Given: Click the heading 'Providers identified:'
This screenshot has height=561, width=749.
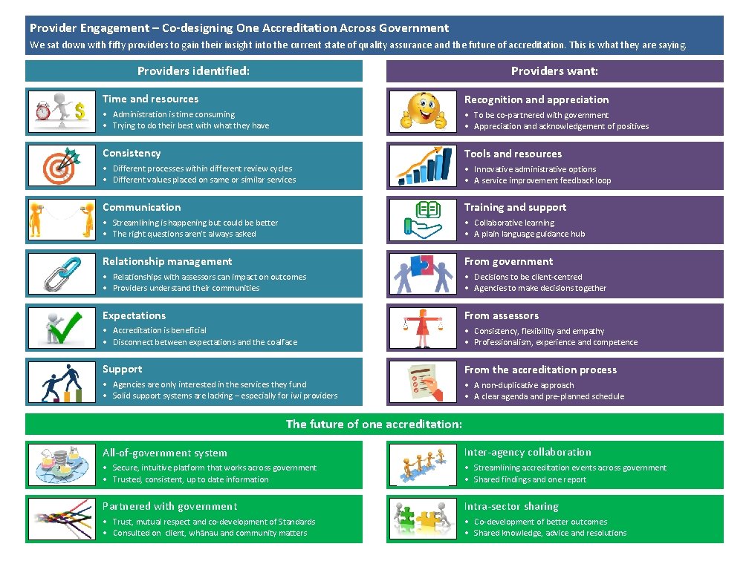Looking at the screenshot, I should pyautogui.click(x=193, y=71).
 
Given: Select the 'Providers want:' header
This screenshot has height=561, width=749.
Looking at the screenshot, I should pyautogui.click(x=554, y=71).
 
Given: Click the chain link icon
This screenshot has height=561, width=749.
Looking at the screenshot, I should pyautogui.click(x=62, y=273).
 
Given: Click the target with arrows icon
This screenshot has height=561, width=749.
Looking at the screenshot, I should pyautogui.click(x=62, y=165).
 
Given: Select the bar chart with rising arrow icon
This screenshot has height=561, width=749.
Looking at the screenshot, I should pyautogui.click(x=424, y=165).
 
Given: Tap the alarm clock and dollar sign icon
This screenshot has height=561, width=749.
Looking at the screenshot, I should pyautogui.click(x=62, y=111).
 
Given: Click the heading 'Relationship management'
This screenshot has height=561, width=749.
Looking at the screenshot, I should pyautogui.click(x=167, y=261).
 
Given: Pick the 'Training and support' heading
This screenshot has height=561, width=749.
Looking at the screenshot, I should pyautogui.click(x=515, y=207).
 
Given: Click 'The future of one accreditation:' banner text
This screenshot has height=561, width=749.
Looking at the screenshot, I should pyautogui.click(x=374, y=424).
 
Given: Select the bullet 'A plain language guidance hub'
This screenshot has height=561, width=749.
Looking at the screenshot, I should pyautogui.click(x=529, y=234).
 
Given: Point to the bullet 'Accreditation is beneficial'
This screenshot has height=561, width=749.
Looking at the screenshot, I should pyautogui.click(x=159, y=330).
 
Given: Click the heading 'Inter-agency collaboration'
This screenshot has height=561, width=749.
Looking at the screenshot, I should pyautogui.click(x=528, y=452).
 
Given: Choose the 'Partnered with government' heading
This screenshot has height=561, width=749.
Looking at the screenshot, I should pyautogui.click(x=169, y=506).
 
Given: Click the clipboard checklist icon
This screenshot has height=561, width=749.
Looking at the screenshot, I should pyautogui.click(x=424, y=381).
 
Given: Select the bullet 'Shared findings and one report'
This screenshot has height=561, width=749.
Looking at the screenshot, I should pyautogui.click(x=530, y=479).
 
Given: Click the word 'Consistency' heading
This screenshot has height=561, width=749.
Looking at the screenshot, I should pyautogui.click(x=132, y=153).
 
